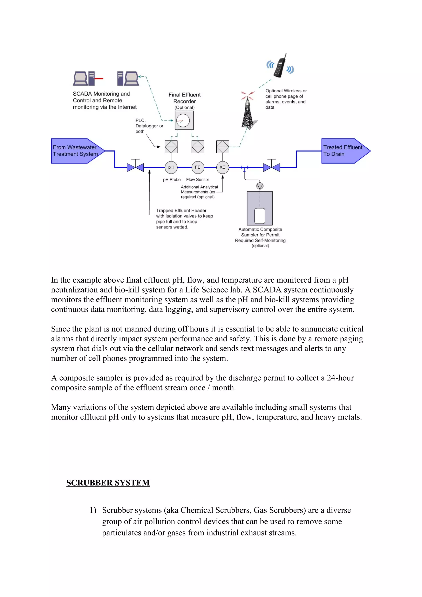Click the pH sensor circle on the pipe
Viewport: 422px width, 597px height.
(x=171, y=167)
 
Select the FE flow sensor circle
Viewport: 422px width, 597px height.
(x=198, y=167)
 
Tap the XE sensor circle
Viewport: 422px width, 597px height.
(x=222, y=167)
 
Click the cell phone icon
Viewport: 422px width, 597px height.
(x=281, y=66)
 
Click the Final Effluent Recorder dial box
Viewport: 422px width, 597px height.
(x=184, y=120)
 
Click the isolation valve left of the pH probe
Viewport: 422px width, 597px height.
(x=135, y=167)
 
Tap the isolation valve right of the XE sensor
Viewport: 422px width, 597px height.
(x=271, y=167)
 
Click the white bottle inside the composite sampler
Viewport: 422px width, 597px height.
(x=260, y=216)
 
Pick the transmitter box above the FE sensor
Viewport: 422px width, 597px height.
(x=198, y=147)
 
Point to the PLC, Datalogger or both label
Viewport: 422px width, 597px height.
(x=149, y=126)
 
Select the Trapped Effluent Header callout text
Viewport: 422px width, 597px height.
(x=184, y=219)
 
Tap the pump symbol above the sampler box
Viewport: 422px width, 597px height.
(x=260, y=186)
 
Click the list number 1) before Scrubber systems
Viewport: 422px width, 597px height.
(x=93, y=510)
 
